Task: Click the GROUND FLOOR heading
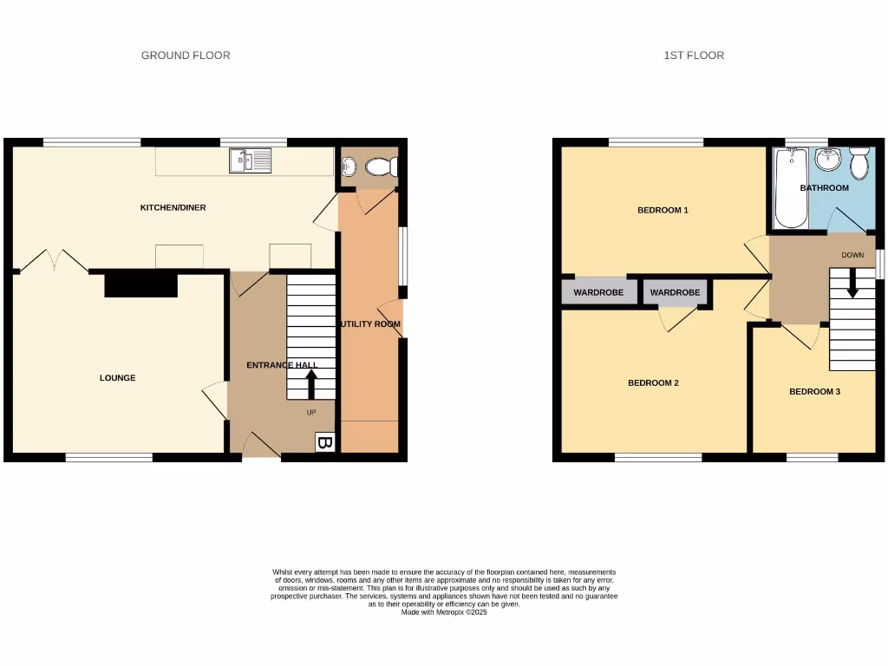[x=186, y=55]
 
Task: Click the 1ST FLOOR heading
[x=694, y=55]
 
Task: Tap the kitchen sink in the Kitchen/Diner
[x=250, y=160]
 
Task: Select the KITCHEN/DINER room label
[x=173, y=208]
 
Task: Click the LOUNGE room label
[x=117, y=378]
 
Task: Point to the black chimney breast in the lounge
[x=140, y=285]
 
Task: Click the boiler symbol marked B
[x=324, y=443]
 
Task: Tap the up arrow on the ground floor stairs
[x=310, y=385]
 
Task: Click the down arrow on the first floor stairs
[x=852, y=284]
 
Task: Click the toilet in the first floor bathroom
[x=859, y=162]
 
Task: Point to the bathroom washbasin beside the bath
[x=828, y=160]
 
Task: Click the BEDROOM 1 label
[x=663, y=210]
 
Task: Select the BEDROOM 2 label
[x=653, y=382]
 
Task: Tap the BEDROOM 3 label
[x=814, y=392]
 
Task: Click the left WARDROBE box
[x=598, y=293]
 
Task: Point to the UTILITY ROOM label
[x=370, y=324]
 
